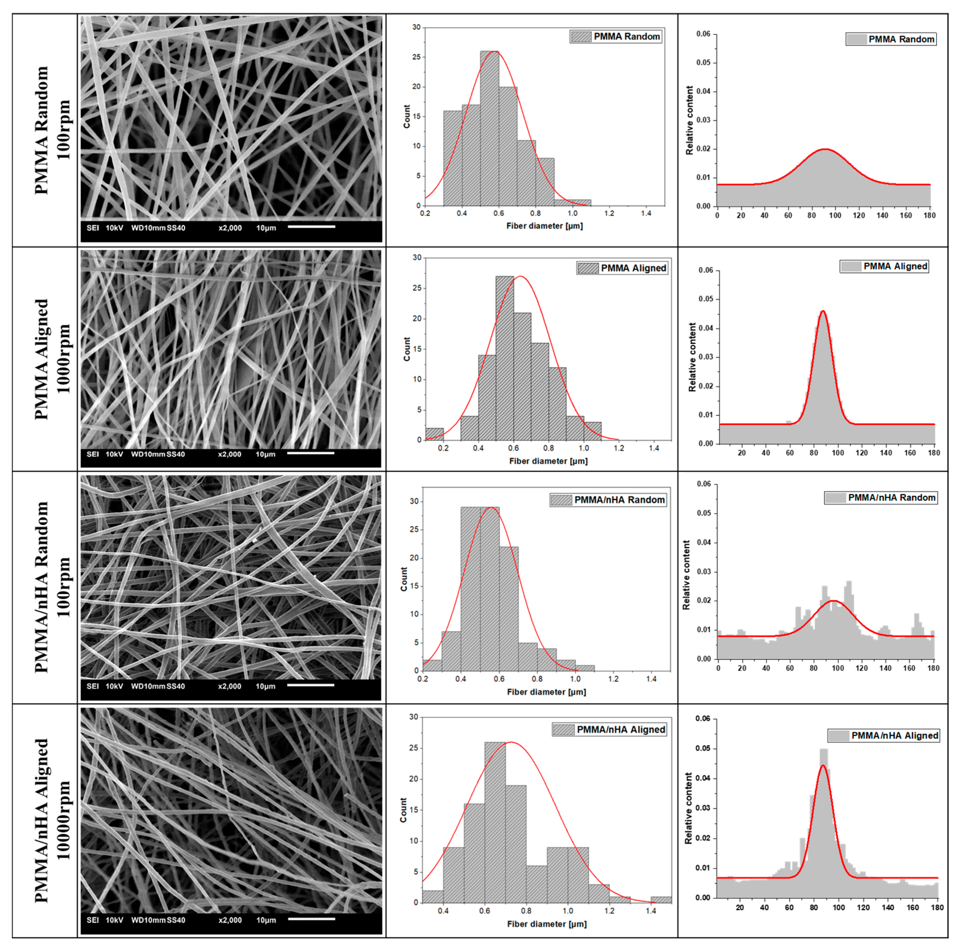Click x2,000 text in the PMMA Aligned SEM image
coord(230,454)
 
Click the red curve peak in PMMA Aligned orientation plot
coord(823,311)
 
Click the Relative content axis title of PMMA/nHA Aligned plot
coord(688,808)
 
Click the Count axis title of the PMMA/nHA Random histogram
coord(404,579)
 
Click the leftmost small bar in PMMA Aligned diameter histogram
coord(434,434)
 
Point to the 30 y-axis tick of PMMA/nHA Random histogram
coord(414,501)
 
